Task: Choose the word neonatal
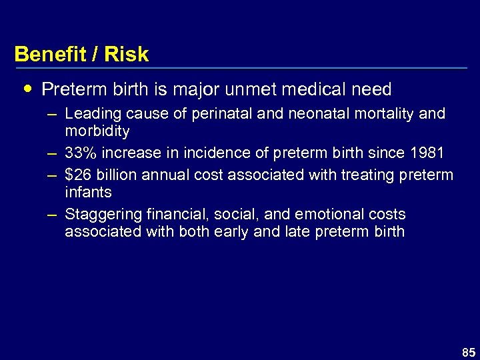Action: click(x=313, y=114)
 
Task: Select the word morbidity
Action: click(x=97, y=131)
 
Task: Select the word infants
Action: click(x=88, y=192)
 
